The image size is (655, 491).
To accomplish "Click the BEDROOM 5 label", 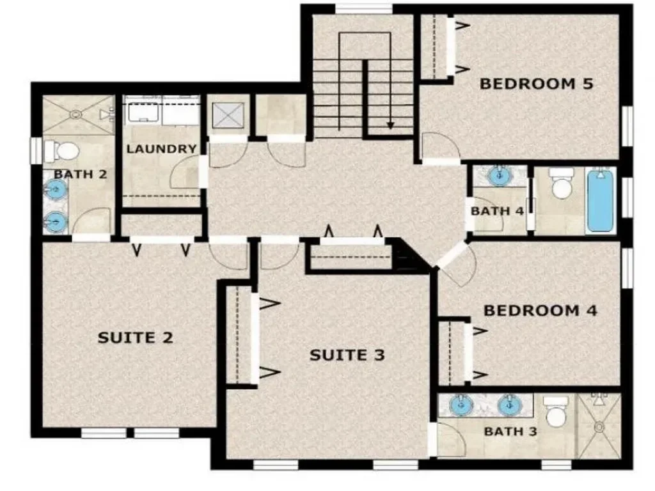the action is tap(536, 84).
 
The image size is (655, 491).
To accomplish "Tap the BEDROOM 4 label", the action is tap(540, 311).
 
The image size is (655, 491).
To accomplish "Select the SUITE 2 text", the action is tap(136, 338).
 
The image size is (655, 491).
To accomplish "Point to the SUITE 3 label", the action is tap(347, 355).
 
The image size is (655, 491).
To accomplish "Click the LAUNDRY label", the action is tap(161, 148).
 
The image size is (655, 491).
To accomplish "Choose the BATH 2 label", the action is tap(80, 174).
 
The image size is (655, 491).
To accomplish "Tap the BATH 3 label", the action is tap(510, 431).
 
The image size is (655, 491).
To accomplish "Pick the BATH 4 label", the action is tap(497, 211).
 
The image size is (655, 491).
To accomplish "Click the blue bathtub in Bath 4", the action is tap(601, 200).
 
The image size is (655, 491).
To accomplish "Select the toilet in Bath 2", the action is tap(61, 151).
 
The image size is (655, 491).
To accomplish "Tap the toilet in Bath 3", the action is tap(556, 411).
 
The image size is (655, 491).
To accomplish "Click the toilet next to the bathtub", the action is tap(562, 183).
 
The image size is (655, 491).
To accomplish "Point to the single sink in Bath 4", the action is tap(498, 175).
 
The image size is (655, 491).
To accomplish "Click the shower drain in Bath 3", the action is tap(599, 427).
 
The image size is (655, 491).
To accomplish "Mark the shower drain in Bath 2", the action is tap(76, 114).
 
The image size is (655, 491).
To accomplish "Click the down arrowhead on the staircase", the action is tap(390, 125).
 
